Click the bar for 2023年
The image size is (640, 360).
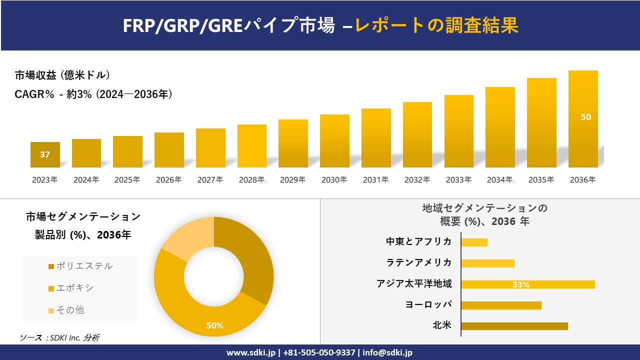coord(45,154)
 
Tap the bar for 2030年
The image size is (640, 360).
coord(334,141)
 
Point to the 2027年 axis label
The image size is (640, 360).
coord(210,180)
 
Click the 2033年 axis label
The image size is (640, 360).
coord(458,180)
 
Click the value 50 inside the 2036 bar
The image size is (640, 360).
coord(585,117)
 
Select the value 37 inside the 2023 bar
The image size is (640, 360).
coord(45,154)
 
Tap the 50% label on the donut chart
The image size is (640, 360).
coord(215,325)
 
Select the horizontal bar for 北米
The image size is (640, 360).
coord(514,326)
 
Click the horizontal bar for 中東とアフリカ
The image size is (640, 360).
coord(474,242)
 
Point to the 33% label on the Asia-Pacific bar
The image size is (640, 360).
coord(520,284)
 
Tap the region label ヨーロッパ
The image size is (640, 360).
coord(428,304)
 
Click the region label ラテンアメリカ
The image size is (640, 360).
coord(418,262)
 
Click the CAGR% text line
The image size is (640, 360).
coord(93,94)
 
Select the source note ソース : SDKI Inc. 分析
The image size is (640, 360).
coord(59,337)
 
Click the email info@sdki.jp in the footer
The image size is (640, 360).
coord(387,352)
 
